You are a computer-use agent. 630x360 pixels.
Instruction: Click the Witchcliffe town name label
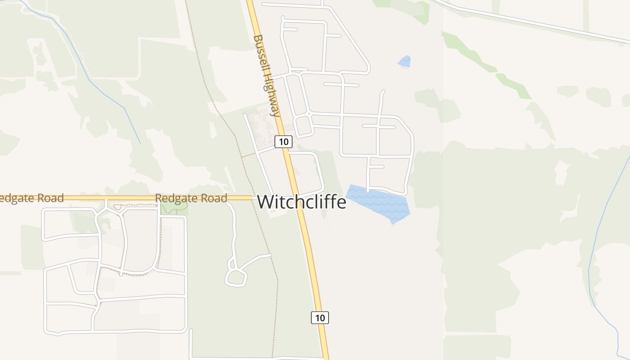pyautogui.click(x=301, y=202)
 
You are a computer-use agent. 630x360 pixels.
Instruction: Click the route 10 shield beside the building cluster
pyautogui.click(x=283, y=142)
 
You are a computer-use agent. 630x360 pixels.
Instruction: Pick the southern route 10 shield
pyautogui.click(x=319, y=317)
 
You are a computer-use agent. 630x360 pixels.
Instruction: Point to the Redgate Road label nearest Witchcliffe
pyautogui.click(x=191, y=198)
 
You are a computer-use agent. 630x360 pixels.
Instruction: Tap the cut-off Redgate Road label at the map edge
pyautogui.click(x=31, y=198)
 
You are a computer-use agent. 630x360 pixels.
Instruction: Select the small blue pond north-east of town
pyautogui.click(x=405, y=62)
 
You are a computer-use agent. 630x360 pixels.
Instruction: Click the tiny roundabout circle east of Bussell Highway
pyautogui.click(x=309, y=114)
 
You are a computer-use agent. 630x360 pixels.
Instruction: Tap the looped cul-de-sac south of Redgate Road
pyautogui.click(x=236, y=277)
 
